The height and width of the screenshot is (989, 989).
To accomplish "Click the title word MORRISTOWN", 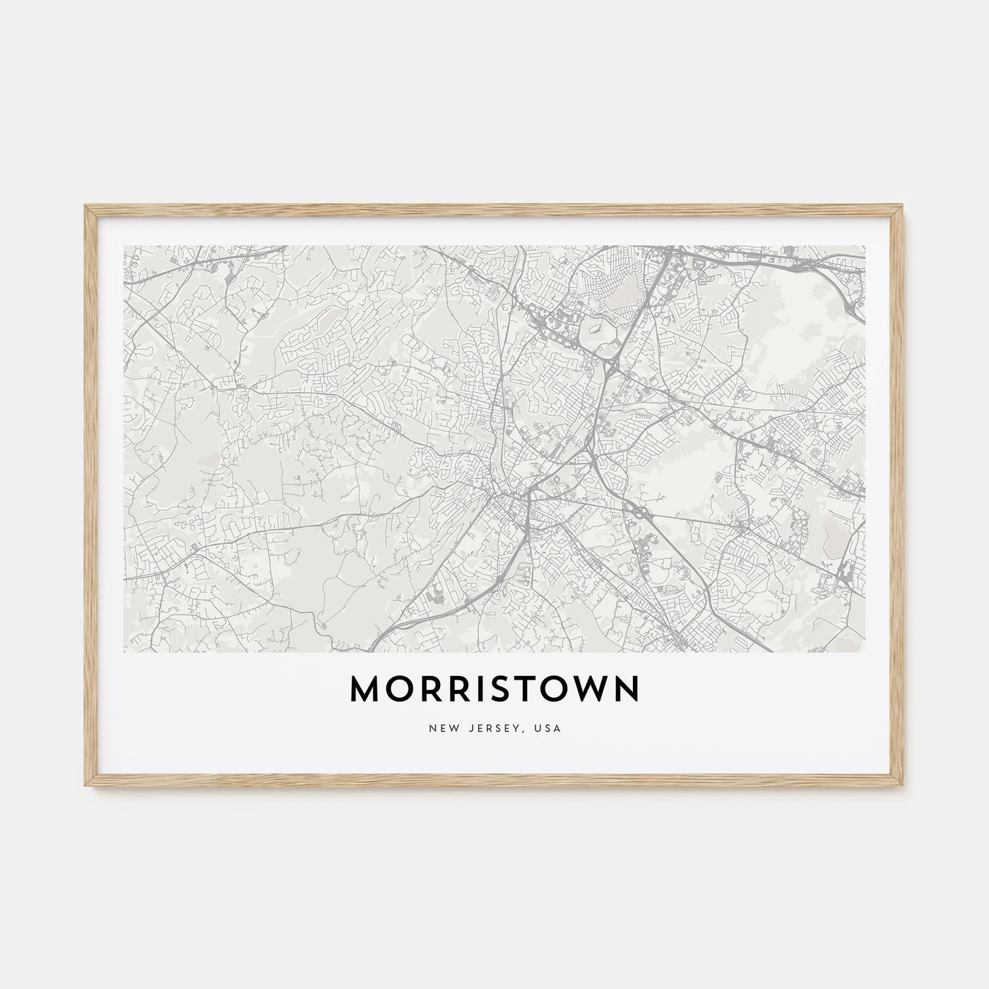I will pos(494,690).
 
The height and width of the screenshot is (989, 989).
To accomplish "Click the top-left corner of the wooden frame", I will pos(85,206).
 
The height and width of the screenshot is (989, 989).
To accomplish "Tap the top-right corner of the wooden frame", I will pos(904,206).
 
